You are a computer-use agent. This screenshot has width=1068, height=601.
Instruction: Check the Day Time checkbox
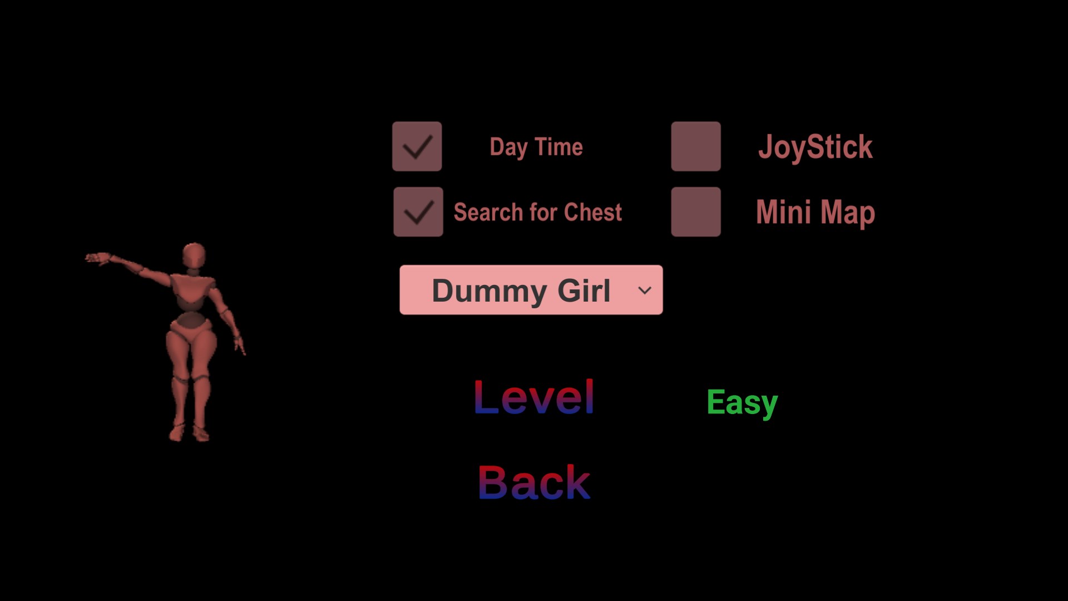[x=417, y=146]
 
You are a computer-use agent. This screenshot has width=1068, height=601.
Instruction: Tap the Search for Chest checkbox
[x=418, y=211]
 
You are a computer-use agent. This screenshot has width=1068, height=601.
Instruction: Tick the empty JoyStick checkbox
[x=696, y=146]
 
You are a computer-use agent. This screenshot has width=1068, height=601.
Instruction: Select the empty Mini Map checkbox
[x=696, y=211]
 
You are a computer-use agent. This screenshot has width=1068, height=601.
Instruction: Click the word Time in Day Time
[x=559, y=147]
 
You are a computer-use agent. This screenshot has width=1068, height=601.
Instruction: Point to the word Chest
[x=593, y=212]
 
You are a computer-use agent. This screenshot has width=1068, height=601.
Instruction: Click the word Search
[x=488, y=212]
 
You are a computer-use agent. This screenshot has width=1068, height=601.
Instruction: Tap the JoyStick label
[x=815, y=147]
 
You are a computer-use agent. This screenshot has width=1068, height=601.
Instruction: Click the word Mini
[x=783, y=212]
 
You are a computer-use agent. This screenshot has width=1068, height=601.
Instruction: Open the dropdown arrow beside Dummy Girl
[x=645, y=290]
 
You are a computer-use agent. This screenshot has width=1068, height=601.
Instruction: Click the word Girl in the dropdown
[x=584, y=290]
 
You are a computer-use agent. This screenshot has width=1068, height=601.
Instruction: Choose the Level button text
[x=534, y=397]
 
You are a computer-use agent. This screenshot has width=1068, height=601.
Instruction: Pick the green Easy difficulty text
[x=742, y=403]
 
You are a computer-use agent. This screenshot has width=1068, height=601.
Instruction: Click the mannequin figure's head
[x=194, y=255]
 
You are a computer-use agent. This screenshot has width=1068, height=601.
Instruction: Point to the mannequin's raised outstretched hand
[x=98, y=258]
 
